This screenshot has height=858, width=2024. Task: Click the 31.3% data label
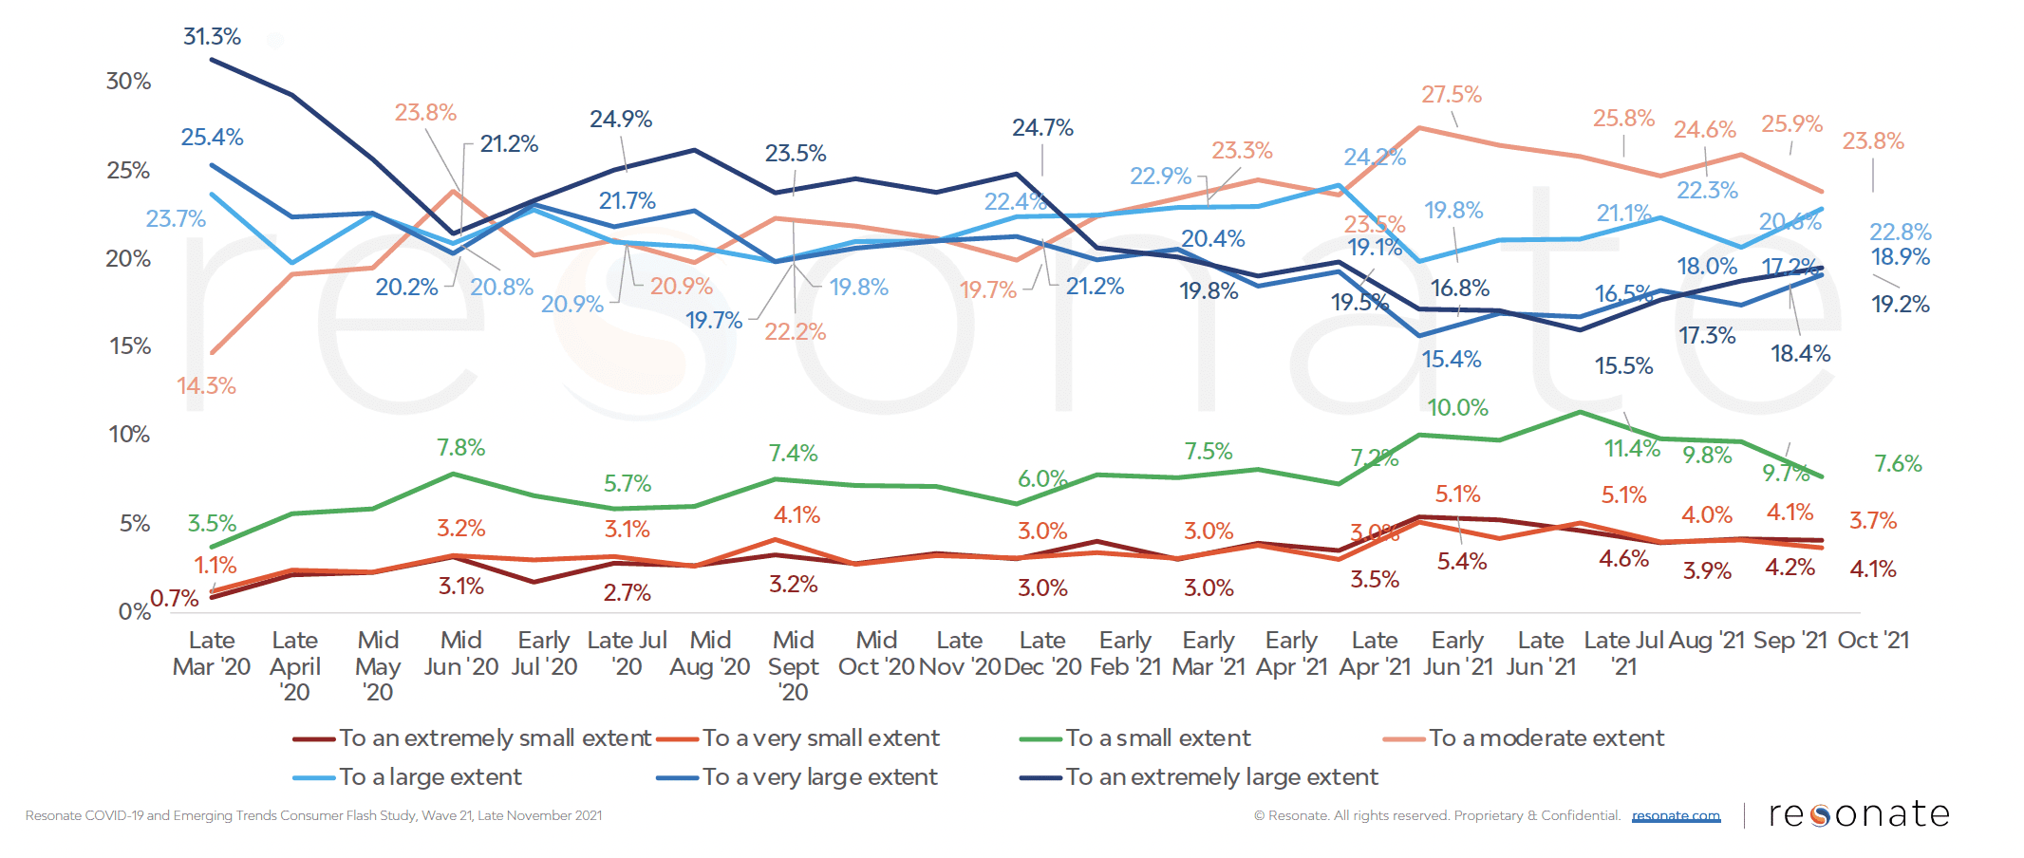pyautogui.click(x=212, y=37)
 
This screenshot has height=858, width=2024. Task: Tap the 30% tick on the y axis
pyautogui.click(x=128, y=82)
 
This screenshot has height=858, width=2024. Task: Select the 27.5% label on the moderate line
pyautogui.click(x=1451, y=95)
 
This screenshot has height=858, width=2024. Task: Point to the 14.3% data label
pyautogui.click(x=206, y=386)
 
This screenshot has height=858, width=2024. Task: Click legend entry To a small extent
pyautogui.click(x=1157, y=738)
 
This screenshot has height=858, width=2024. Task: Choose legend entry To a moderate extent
pyautogui.click(x=1546, y=738)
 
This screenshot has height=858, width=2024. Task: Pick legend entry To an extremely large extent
pyautogui.click(x=1221, y=777)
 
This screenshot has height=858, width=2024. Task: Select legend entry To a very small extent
pyautogui.click(x=820, y=738)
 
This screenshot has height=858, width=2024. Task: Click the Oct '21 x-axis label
pyautogui.click(x=1872, y=641)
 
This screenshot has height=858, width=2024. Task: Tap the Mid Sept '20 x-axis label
pyautogui.click(x=793, y=666)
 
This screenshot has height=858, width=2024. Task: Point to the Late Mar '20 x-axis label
pyautogui.click(x=212, y=654)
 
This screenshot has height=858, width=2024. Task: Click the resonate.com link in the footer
pyautogui.click(x=1676, y=816)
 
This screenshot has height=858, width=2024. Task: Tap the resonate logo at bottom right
pyautogui.click(x=1858, y=814)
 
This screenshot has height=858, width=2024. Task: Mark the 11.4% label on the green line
pyautogui.click(x=1632, y=449)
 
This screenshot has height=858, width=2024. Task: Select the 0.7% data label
pyautogui.click(x=175, y=599)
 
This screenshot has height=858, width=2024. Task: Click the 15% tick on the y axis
pyautogui.click(x=130, y=346)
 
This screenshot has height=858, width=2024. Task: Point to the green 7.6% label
pyautogui.click(x=1897, y=464)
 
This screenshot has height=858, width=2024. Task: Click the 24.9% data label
pyautogui.click(x=620, y=120)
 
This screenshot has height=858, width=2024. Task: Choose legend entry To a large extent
pyautogui.click(x=429, y=777)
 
